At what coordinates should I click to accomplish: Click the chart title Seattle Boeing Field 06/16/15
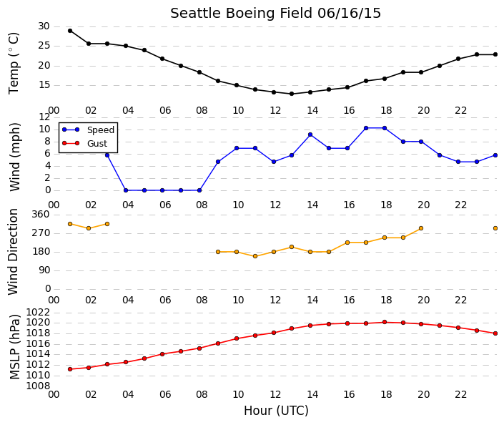[275, 14]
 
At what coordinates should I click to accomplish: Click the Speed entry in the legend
[88, 130]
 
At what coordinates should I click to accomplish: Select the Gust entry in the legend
[84, 143]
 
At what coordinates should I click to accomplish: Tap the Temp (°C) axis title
[14, 64]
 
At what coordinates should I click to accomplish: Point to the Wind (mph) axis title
[14, 157]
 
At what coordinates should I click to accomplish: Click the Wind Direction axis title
[13, 252]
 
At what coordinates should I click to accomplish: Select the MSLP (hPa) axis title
[14, 347]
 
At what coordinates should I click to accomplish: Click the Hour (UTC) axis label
[276, 411]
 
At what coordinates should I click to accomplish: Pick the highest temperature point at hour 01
[70, 31]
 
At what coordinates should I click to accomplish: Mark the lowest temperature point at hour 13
[292, 94]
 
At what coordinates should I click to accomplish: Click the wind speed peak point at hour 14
[310, 135]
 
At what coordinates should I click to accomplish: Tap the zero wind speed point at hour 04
[126, 190]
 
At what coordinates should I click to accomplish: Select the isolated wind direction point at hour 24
[495, 228]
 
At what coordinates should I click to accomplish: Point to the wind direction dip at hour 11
[255, 256]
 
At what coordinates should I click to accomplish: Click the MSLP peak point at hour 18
[385, 322]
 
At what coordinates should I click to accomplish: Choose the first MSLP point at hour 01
[70, 369]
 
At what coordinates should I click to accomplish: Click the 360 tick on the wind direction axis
[41, 215]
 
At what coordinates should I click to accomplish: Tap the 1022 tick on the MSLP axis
[38, 313]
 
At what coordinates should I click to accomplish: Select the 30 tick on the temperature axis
[44, 26]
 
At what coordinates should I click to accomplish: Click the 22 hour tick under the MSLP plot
[460, 394]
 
